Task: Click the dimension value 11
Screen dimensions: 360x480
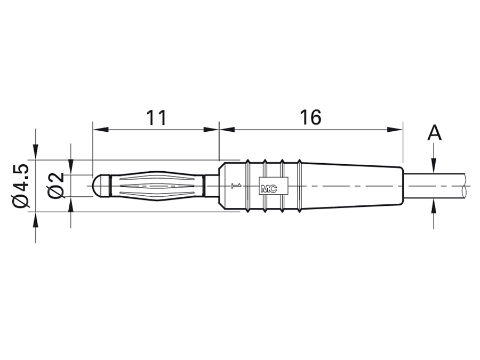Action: (x=156, y=117)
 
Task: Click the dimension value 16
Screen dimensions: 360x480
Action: (x=310, y=117)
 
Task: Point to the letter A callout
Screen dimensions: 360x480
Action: (x=435, y=133)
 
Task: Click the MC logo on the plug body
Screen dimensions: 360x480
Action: (x=268, y=188)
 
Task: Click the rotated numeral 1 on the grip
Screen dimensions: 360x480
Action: (x=235, y=186)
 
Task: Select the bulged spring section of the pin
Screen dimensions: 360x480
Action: (x=157, y=186)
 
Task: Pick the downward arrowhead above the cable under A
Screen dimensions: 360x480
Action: (x=435, y=166)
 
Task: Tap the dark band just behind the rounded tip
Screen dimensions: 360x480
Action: (x=109, y=186)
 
